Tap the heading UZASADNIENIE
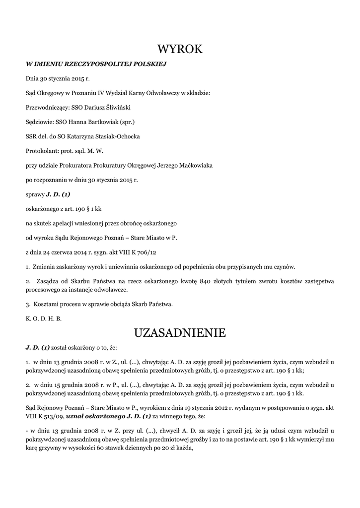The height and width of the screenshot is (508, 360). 180,332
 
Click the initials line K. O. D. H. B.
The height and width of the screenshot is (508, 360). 44,318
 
